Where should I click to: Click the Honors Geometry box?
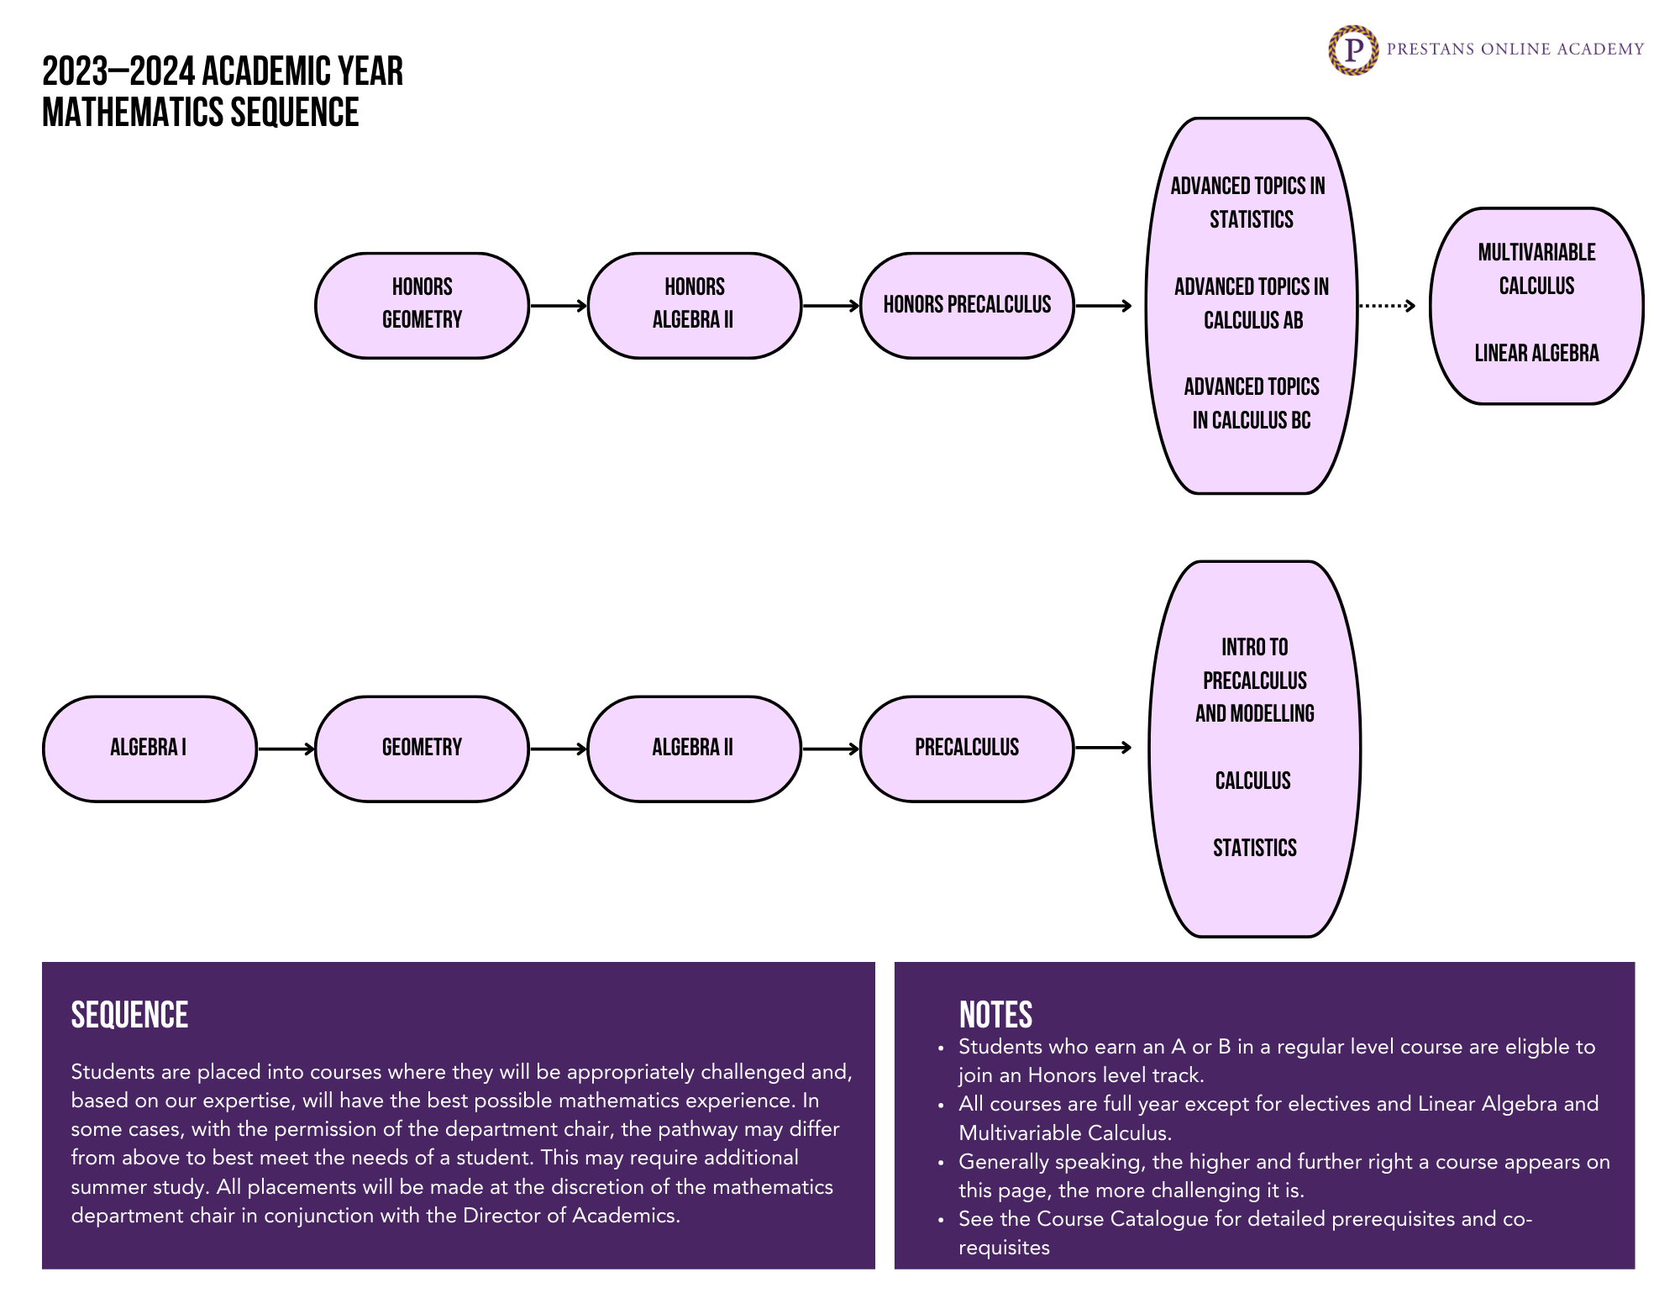tap(422, 305)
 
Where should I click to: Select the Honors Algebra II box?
tap(694, 305)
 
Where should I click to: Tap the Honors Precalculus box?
tap(967, 305)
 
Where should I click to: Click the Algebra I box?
tap(150, 748)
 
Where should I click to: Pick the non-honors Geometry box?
tap(422, 748)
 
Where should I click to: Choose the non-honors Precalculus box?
tap(967, 748)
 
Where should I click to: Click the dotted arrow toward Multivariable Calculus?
tap(1386, 306)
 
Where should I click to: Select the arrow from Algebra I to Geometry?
tap(286, 749)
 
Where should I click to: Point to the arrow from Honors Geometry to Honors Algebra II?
tap(558, 306)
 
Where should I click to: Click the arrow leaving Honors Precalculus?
tap(1103, 306)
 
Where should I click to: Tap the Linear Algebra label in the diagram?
tap(1536, 353)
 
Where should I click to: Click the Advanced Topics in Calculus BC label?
tap(1252, 403)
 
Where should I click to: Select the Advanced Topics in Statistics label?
tap(1249, 202)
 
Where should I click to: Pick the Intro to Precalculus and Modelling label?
tap(1255, 681)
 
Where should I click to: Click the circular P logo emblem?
tap(1352, 50)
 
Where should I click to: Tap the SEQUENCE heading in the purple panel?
tap(129, 1015)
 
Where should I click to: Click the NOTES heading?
tap(995, 1015)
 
